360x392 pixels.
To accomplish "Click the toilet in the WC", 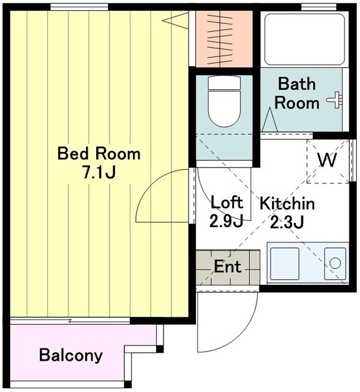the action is [x=224, y=101].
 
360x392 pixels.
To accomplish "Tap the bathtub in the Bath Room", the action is [x=304, y=39].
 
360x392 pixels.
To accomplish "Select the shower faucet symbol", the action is [x=336, y=100].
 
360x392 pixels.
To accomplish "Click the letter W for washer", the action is [x=328, y=160].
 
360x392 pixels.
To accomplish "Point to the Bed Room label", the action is [x=99, y=154].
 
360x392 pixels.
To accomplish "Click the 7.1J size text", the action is [x=99, y=172].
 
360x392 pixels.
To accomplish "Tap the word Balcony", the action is [x=71, y=355].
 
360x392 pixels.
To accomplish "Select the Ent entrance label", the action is [x=228, y=266].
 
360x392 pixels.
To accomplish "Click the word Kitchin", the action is [x=287, y=203].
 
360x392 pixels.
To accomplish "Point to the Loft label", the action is [x=227, y=202].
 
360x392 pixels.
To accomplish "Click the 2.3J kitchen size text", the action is [x=287, y=222].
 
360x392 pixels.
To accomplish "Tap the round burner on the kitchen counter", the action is [x=335, y=263].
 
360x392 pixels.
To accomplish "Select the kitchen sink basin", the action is [x=285, y=263].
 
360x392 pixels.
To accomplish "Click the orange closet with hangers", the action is [x=224, y=39].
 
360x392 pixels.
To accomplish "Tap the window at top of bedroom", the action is [x=80, y=7].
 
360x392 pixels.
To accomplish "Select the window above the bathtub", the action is [x=318, y=7].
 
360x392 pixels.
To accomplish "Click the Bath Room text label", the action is [x=297, y=94].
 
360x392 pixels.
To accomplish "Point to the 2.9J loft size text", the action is [x=226, y=221].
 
